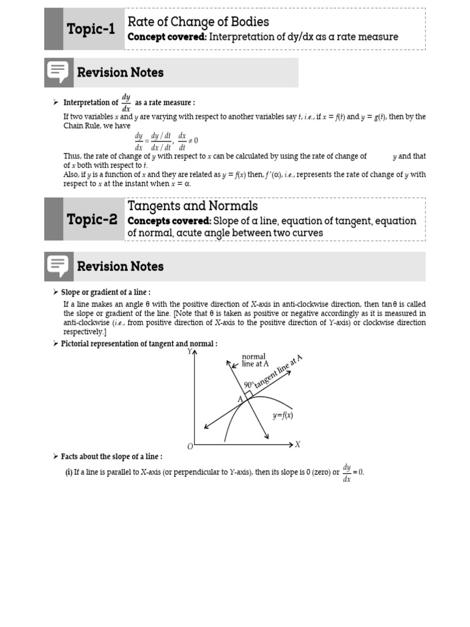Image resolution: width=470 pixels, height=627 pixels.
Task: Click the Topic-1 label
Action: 91,29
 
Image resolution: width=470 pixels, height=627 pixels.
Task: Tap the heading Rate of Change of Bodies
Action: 198,21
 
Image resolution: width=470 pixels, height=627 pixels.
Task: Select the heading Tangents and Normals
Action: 192,206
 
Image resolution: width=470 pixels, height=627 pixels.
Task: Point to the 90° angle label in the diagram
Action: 248,385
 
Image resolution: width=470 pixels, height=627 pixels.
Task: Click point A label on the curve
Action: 240,399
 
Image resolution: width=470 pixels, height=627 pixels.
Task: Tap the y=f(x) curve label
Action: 283,415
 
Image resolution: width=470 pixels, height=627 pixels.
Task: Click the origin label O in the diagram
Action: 190,446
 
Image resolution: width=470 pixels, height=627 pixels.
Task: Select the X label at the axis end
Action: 298,445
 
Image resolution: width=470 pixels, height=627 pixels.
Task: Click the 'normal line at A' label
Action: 255,360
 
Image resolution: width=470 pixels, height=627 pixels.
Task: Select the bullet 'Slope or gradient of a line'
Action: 105,293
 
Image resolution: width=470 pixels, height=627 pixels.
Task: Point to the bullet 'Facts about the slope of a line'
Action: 111,457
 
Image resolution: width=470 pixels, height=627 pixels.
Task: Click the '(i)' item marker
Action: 69,472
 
